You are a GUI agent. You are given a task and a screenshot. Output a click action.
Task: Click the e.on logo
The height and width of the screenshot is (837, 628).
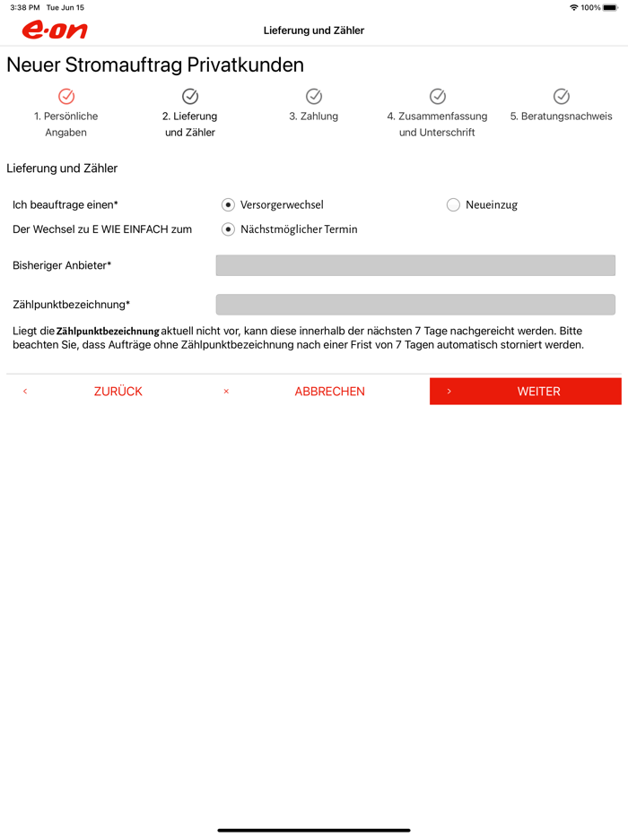tap(55, 30)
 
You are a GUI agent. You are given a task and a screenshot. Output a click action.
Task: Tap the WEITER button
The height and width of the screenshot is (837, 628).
tap(525, 392)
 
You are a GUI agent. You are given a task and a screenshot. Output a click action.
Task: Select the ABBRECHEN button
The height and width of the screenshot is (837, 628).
tap(329, 392)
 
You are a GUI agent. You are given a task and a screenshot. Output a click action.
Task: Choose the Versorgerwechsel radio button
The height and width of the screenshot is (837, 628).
tap(229, 205)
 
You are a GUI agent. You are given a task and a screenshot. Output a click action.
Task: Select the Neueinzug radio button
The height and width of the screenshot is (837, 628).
tap(453, 205)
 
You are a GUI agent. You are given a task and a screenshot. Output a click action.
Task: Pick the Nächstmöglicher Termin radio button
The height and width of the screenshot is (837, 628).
tap(229, 229)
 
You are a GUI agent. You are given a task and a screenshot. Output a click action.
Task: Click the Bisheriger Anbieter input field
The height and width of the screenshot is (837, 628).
tap(415, 265)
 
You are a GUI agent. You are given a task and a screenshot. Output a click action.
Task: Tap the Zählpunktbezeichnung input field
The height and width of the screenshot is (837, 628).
tap(415, 305)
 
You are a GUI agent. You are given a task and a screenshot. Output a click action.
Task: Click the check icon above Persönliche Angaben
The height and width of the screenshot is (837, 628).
tap(66, 96)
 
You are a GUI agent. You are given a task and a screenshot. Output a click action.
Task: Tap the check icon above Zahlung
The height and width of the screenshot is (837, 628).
tap(314, 96)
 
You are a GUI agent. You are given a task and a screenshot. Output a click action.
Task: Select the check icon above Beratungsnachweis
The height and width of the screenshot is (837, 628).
tap(562, 96)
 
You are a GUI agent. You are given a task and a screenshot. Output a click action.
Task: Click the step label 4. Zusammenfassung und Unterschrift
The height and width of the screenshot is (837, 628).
tap(437, 124)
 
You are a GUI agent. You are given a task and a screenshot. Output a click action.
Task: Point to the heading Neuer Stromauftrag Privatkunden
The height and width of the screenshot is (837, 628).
tap(155, 65)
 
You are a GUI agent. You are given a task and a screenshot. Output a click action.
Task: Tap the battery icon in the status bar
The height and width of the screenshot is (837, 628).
tap(611, 7)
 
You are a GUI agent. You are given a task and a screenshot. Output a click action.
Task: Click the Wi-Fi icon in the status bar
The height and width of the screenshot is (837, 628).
tap(573, 7)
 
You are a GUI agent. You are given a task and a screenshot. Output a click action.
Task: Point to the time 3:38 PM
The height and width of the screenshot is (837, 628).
tap(25, 7)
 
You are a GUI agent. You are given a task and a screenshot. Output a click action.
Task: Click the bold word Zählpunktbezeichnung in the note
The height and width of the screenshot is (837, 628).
tap(108, 332)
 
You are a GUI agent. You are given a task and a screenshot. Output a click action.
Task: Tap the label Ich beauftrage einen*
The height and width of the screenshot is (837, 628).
tap(65, 205)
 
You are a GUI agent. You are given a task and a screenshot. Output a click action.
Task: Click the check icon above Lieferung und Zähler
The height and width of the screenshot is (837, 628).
tap(190, 96)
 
